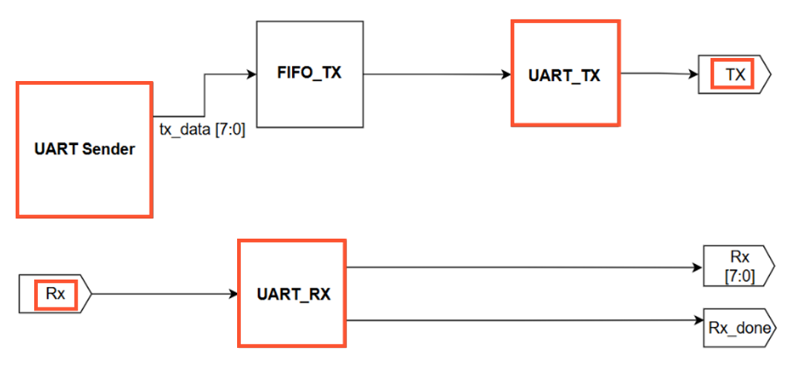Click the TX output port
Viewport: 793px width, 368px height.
734,74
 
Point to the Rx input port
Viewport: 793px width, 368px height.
56,294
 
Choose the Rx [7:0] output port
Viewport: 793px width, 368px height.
739,267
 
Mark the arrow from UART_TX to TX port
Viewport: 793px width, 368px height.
658,74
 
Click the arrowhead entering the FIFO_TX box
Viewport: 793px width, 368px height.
251,74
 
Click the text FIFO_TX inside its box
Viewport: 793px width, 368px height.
309,74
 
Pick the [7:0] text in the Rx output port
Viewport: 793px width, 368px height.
739,275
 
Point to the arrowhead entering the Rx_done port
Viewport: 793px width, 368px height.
698,321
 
